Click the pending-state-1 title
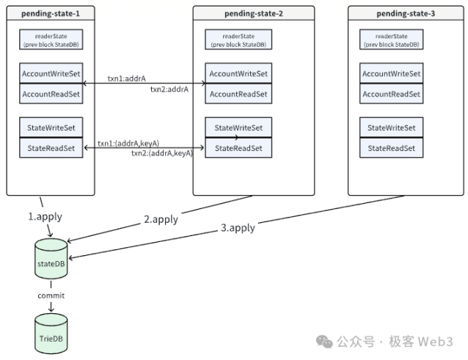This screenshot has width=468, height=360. [51, 14]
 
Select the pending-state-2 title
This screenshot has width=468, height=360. [253, 14]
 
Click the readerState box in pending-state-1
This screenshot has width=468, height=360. [51, 39]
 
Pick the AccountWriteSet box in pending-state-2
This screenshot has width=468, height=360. [237, 74]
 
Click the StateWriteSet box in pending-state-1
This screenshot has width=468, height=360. [50, 128]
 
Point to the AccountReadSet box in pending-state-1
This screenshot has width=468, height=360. [50, 94]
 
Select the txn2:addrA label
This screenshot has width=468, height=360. [170, 89]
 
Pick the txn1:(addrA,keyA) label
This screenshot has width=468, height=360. [129, 142]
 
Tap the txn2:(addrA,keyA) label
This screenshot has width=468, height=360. [162, 153]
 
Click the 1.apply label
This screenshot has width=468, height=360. [45, 217]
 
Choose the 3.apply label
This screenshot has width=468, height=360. [238, 228]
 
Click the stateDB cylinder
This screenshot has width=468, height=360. [51, 261]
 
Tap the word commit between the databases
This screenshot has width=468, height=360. [51, 296]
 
